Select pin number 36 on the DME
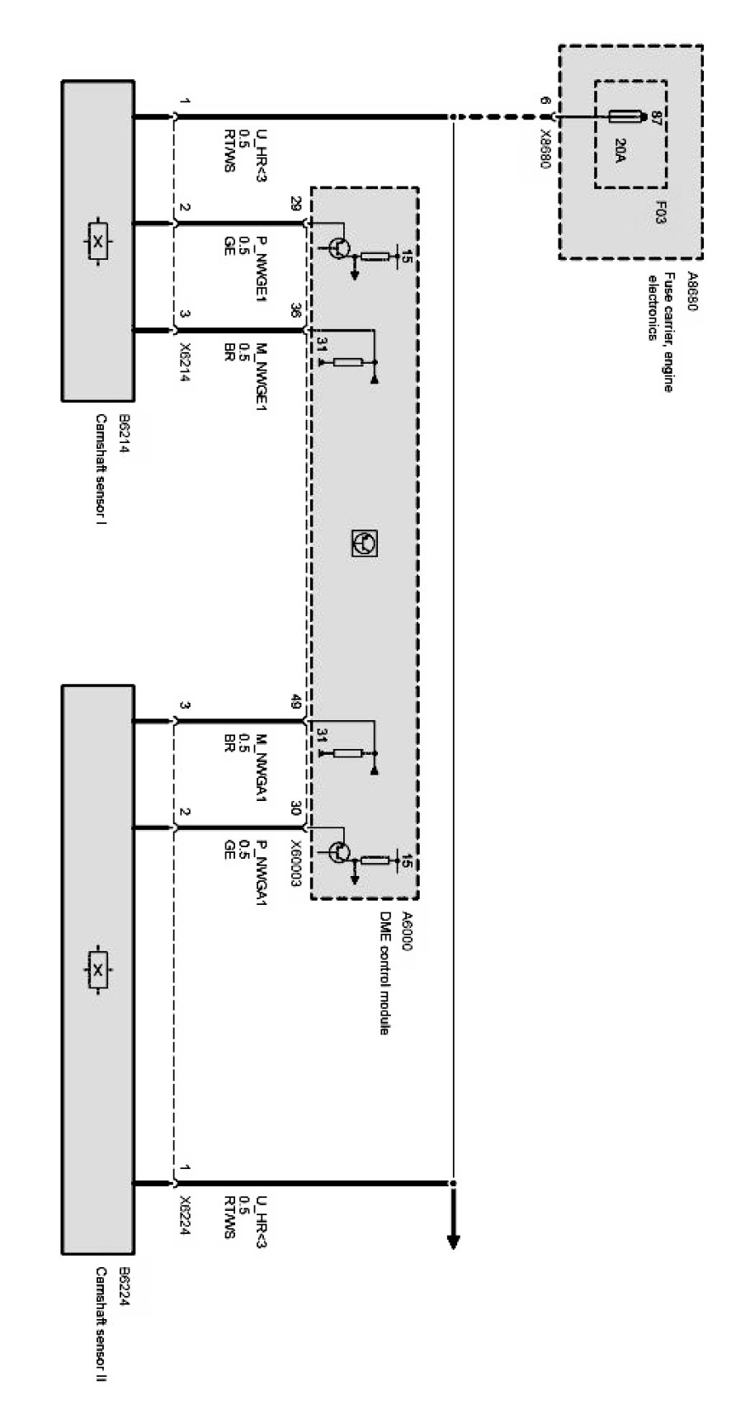(x=295, y=312)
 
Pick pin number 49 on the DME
(x=295, y=703)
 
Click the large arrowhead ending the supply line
(x=453, y=1240)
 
